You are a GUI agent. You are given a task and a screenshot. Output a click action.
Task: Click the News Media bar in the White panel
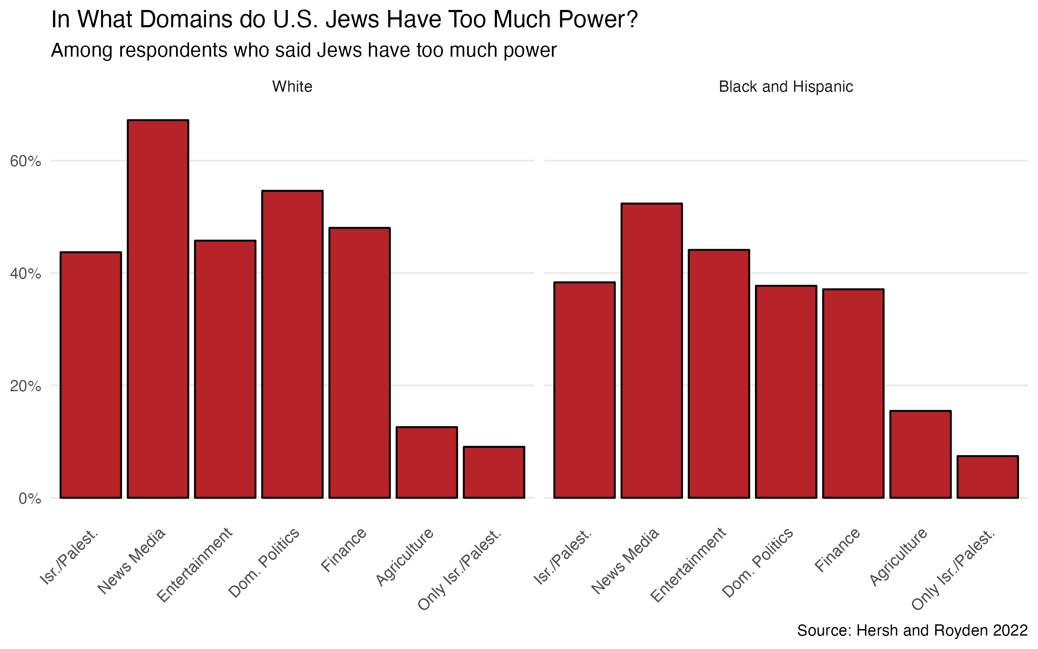click(x=158, y=309)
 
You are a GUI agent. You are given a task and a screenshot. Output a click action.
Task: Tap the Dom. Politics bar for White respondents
click(x=292, y=344)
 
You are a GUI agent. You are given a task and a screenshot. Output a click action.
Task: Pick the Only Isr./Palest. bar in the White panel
click(x=494, y=472)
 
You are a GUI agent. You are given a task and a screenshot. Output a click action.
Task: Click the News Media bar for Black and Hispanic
click(x=651, y=350)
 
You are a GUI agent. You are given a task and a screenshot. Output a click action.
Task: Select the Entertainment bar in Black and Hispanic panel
click(x=719, y=374)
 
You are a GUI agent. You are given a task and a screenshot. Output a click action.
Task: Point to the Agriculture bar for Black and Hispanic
click(x=920, y=454)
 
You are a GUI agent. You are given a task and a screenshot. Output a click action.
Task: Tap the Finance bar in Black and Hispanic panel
click(x=853, y=393)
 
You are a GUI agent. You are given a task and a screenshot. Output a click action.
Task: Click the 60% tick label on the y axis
click(x=26, y=161)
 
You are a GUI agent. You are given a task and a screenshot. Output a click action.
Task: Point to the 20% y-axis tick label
click(x=26, y=386)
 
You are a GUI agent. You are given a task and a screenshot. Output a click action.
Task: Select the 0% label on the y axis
click(x=30, y=498)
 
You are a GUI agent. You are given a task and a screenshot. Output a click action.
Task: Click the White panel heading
click(x=292, y=87)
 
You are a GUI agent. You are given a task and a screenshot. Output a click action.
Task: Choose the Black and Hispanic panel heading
click(x=786, y=87)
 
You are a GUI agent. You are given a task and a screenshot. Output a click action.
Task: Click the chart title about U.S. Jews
click(x=344, y=19)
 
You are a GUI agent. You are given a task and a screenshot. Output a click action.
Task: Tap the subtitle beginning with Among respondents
click(x=304, y=50)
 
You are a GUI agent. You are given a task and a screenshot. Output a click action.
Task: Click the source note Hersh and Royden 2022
click(x=912, y=630)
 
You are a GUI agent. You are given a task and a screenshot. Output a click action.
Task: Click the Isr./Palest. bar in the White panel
click(x=91, y=375)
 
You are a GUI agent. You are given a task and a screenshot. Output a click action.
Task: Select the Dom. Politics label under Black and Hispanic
click(x=758, y=562)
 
